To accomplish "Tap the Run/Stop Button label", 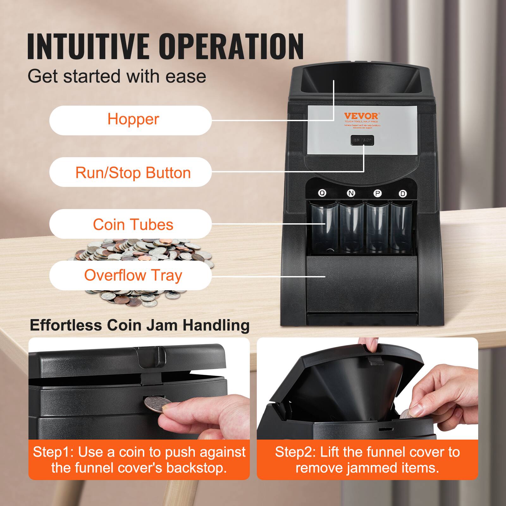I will tap(130, 172).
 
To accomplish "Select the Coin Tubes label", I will tap(130, 224).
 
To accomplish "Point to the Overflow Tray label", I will tap(130, 275).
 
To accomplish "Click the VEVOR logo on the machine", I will tap(361, 116).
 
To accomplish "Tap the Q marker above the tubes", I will tap(322, 193).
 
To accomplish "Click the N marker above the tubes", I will tap(351, 193).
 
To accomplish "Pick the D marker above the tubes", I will tap(403, 194).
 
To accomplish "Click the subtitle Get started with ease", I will tap(117, 76).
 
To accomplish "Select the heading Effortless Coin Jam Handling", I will tap(139, 325).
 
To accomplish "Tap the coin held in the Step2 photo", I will tap(406, 414).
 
